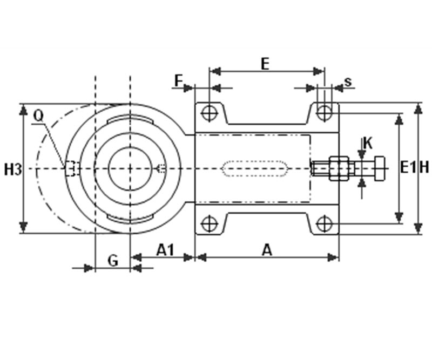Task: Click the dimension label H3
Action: [x=13, y=169]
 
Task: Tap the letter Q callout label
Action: [x=38, y=117]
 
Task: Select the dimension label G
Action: [x=113, y=260]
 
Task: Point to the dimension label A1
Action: [x=165, y=250]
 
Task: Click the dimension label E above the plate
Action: [x=265, y=64]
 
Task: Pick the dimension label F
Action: [x=179, y=81]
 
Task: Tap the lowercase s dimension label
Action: [x=348, y=82]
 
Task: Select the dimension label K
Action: [x=368, y=143]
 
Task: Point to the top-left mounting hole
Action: [x=210, y=113]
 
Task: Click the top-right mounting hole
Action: [x=325, y=112]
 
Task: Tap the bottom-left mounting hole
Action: [x=210, y=223]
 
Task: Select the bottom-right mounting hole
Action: [x=325, y=223]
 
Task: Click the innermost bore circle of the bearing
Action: [x=130, y=168]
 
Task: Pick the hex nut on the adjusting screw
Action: [x=339, y=168]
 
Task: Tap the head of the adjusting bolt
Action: [x=380, y=168]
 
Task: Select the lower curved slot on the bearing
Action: [x=130, y=218]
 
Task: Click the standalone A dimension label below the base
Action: [x=267, y=250]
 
